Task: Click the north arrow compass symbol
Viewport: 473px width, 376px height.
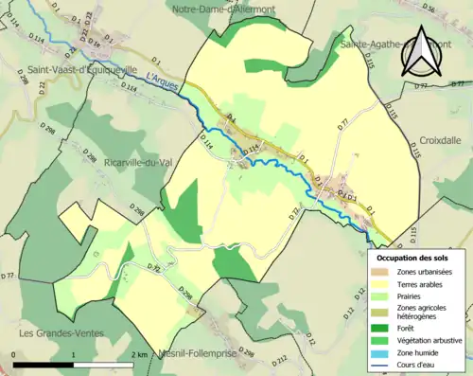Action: pyautogui.click(x=420, y=55)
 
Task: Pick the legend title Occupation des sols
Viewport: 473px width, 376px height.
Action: pyautogui.click(x=414, y=257)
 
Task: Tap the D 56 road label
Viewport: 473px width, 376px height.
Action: pyautogui.click(x=456, y=9)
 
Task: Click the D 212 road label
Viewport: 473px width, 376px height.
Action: pyautogui.click(x=281, y=360)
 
